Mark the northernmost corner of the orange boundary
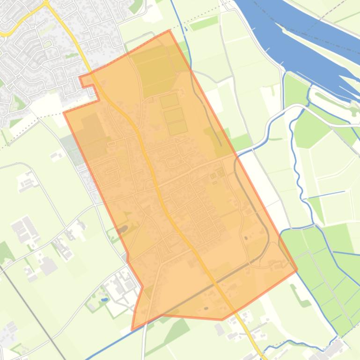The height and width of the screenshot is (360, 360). coord(169,31)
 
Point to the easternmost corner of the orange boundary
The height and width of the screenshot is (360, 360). coord(297,270)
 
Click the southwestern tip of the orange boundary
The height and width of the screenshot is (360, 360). coord(132,330)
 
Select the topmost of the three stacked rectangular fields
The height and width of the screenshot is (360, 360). coord(169,100)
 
